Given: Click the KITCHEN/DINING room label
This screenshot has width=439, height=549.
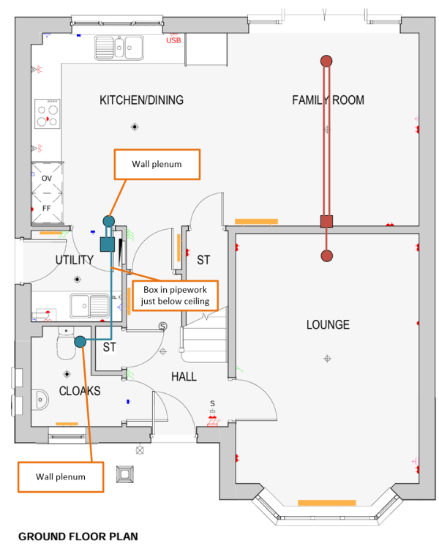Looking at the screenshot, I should point(141,100).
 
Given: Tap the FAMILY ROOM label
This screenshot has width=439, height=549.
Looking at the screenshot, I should point(328,100).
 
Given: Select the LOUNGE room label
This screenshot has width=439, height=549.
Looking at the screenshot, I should point(327,324).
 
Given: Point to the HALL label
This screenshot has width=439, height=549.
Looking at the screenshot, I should point(184,376).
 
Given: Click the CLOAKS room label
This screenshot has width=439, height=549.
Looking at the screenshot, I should point(80,391).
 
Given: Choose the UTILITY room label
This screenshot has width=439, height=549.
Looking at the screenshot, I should point(74,260).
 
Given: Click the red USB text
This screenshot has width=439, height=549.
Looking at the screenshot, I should point(173,41).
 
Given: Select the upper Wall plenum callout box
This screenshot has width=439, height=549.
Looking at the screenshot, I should point(156,165).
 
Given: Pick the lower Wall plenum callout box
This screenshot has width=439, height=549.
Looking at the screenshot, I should point(61,477).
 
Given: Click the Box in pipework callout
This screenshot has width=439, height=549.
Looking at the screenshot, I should point(175,295).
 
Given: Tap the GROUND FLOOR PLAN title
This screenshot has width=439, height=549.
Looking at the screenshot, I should point(78,537).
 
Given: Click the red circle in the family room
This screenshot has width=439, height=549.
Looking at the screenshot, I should point(326,61).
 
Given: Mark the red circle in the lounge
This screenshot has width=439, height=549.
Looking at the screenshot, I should point(326,255).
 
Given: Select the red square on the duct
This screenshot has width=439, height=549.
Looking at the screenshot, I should point(326,221).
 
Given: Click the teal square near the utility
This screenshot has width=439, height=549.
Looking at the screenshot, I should point(106,244).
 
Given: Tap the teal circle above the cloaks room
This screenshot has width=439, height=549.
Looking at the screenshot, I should point(80,341).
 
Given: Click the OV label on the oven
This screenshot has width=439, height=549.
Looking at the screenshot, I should point(47,178).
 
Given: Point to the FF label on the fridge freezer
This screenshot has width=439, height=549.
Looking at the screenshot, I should point(47,208).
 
